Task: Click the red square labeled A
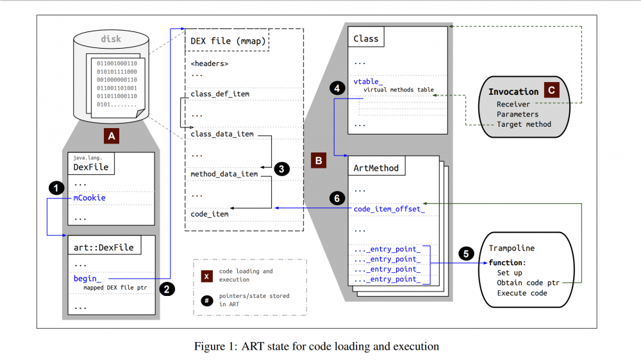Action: click(112, 135)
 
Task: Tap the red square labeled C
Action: click(549, 90)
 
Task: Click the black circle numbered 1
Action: click(57, 188)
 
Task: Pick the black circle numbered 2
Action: click(167, 289)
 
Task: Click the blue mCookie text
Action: click(89, 198)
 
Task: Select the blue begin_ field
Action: click(87, 279)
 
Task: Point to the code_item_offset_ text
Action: click(389, 209)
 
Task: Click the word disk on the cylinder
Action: click(111, 39)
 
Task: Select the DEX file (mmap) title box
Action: click(227, 42)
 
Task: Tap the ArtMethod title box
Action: click(376, 168)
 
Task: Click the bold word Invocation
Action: click(513, 92)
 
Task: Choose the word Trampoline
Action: click(512, 248)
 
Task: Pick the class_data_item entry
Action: click(222, 134)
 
